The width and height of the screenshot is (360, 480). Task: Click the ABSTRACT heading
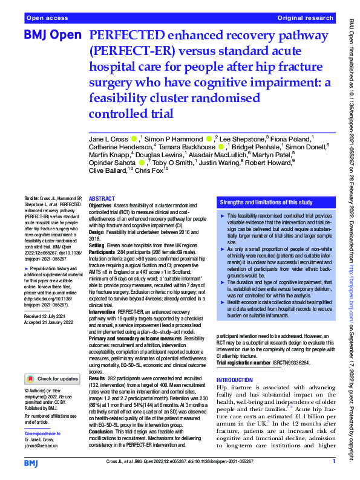102,198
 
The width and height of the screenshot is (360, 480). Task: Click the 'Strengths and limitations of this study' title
266,202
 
